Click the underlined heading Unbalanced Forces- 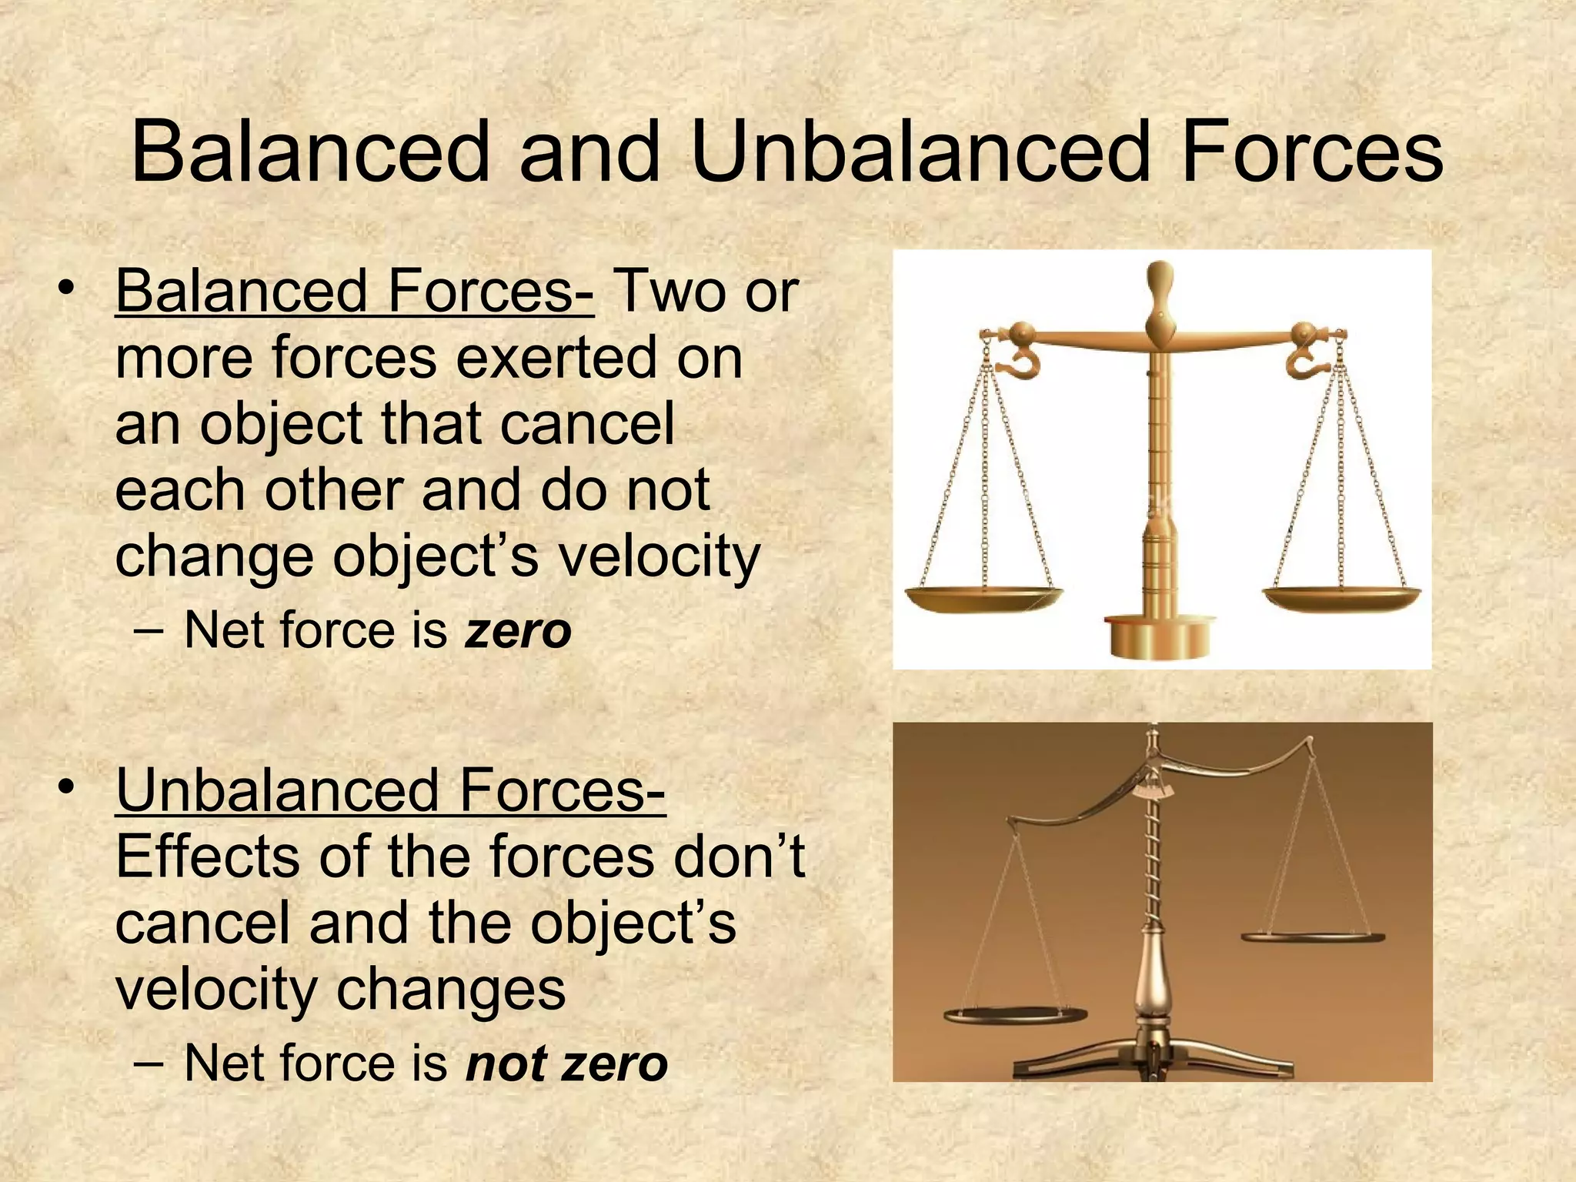coord(390,790)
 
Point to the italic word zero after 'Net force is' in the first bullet coord(518,631)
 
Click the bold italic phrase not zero coord(566,1063)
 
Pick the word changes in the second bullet coord(452,990)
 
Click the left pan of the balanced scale coord(983,598)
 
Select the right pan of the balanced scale coord(1341,598)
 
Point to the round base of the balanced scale coord(1160,638)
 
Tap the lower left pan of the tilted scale coord(1015,1014)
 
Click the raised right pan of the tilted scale coord(1312,937)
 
